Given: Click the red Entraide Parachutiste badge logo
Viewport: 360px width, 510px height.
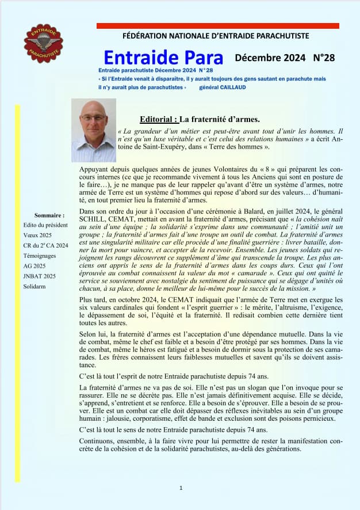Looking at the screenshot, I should (43, 43).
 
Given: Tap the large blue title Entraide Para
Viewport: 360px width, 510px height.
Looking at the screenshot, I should (163, 58).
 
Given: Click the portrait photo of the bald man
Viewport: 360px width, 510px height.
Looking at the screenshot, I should (94, 130).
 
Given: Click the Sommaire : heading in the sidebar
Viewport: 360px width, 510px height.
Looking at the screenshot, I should (49, 215).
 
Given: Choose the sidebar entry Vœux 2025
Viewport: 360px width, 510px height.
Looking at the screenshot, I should (37, 235).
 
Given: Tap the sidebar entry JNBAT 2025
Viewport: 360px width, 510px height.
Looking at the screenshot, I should (40, 276).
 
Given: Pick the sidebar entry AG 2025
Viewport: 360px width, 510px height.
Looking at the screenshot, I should (35, 266).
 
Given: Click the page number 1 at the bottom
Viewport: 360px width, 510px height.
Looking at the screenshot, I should (181, 488).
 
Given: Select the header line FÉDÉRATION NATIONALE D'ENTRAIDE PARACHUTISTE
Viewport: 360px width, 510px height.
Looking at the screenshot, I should (216, 36).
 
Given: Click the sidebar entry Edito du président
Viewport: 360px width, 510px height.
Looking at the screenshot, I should (46, 225).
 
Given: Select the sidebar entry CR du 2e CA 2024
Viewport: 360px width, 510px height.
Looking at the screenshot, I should (46, 246).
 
